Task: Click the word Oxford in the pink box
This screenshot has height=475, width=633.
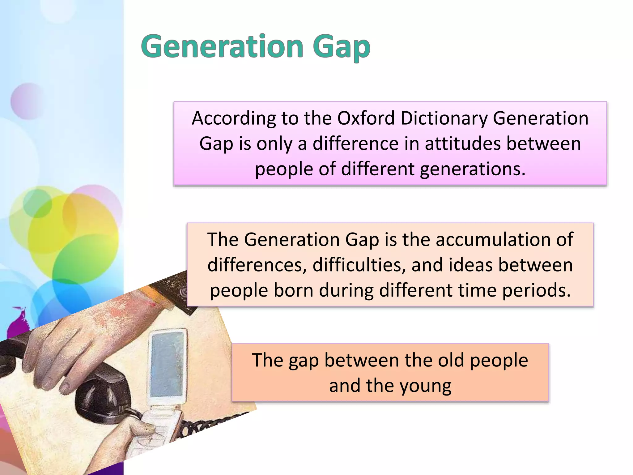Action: (x=366, y=118)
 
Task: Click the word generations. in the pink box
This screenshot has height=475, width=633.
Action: (x=473, y=169)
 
